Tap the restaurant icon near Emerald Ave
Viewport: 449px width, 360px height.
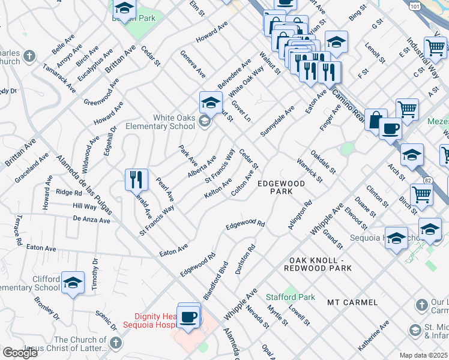(x=136, y=179)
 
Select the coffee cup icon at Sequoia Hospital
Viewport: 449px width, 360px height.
(x=188, y=316)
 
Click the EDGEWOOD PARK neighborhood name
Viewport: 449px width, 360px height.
(x=275, y=187)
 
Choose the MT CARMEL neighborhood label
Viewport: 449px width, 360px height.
(x=352, y=302)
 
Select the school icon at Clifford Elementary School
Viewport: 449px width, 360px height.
(x=73, y=283)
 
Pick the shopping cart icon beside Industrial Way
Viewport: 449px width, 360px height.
(x=435, y=47)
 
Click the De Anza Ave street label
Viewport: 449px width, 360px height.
(x=91, y=220)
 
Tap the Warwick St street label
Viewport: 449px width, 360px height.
(x=310, y=170)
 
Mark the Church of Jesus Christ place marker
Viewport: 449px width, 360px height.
(x=115, y=341)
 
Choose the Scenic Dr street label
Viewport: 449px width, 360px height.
(x=106, y=321)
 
